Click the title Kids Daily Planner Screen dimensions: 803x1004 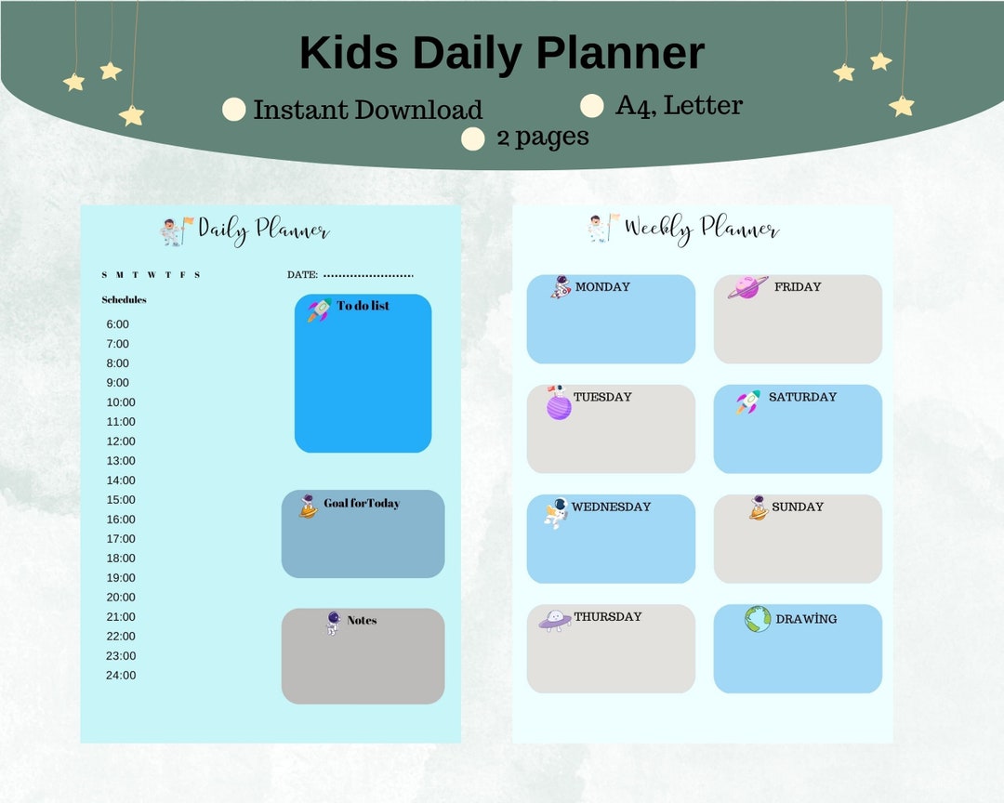pos(501,53)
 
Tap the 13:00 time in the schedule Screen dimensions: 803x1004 pos(121,461)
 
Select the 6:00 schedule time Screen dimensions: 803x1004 pos(118,324)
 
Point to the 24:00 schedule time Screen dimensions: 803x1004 pos(121,676)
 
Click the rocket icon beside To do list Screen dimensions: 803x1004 pos(319,309)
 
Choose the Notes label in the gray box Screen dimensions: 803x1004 pos(362,620)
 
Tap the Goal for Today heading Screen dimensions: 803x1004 pos(362,504)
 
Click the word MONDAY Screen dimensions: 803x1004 pos(602,287)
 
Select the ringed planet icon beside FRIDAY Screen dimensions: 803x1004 pos(747,287)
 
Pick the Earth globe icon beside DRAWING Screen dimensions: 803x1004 pos(758,619)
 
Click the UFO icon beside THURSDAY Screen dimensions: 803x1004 pos(554,619)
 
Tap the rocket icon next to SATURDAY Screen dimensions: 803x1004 pos(748,401)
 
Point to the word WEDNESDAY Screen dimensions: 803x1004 pos(611,507)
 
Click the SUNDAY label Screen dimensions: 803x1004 pos(798,507)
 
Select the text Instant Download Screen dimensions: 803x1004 pos(367,110)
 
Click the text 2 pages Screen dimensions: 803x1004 pos(542,137)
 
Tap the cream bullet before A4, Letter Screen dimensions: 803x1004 pos(592,106)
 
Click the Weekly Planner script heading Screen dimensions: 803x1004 pos(701,229)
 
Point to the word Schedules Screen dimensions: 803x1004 pos(124,300)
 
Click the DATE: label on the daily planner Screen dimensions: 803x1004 pos(303,275)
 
